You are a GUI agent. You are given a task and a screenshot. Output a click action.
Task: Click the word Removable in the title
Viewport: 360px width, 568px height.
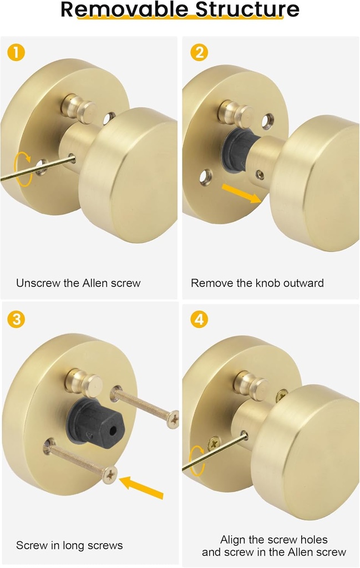[119, 9]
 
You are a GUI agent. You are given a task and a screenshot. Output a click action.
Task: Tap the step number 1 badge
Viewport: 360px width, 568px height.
[16, 53]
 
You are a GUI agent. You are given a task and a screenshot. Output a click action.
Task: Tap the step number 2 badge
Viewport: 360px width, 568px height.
[199, 53]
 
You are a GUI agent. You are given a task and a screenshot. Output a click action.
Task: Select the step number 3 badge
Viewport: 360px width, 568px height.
[16, 319]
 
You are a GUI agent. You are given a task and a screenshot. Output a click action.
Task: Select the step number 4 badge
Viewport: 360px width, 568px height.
[199, 319]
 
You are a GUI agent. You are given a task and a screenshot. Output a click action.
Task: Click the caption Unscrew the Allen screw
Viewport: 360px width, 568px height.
[78, 283]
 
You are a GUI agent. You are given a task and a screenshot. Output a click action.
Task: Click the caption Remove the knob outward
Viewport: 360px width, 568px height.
[257, 283]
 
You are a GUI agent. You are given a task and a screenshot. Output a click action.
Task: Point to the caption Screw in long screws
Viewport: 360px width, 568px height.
[69, 545]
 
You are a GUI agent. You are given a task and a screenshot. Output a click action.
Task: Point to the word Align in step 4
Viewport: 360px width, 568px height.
[233, 539]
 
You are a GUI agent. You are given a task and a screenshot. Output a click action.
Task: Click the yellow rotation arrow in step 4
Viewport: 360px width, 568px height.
[197, 460]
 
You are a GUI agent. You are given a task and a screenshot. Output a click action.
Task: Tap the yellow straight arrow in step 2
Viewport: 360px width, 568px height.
[241, 194]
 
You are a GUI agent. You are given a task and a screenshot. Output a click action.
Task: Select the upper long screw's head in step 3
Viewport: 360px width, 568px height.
[174, 419]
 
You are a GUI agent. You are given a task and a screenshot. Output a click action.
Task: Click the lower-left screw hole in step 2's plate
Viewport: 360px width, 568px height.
[206, 177]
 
